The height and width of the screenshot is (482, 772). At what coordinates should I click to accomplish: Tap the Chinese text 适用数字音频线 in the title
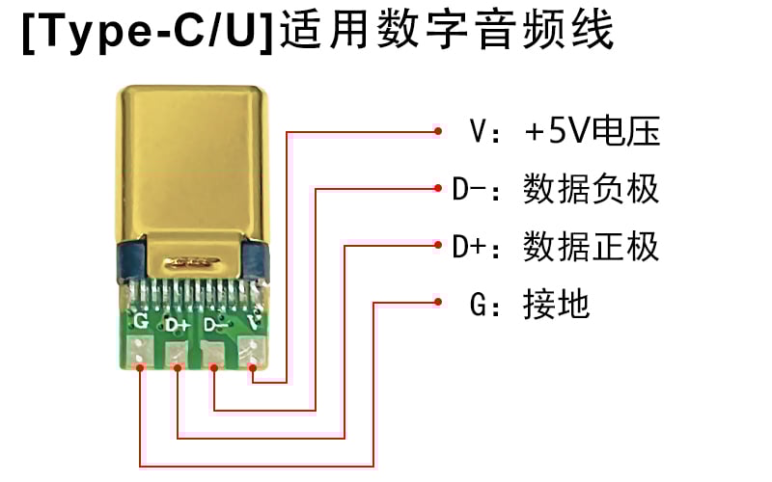(x=446, y=35)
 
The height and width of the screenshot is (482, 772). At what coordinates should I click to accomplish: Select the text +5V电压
(x=591, y=131)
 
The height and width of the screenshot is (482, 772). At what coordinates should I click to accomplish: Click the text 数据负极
(x=591, y=189)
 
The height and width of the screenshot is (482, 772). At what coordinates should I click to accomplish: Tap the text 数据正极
(x=591, y=247)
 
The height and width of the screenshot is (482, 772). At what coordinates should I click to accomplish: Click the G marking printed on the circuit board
(x=141, y=320)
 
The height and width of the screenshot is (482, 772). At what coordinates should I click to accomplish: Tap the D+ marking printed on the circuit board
(x=177, y=325)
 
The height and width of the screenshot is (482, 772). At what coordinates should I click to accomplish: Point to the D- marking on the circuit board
(x=216, y=325)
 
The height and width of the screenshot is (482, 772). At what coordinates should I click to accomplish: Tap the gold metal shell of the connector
(x=192, y=159)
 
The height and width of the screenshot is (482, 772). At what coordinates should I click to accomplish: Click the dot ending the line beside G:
(x=437, y=305)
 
